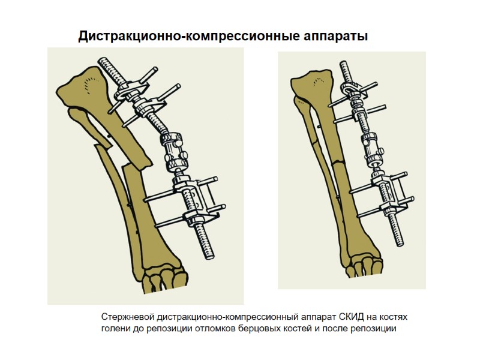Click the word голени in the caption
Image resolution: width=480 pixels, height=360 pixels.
pos(115,328)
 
